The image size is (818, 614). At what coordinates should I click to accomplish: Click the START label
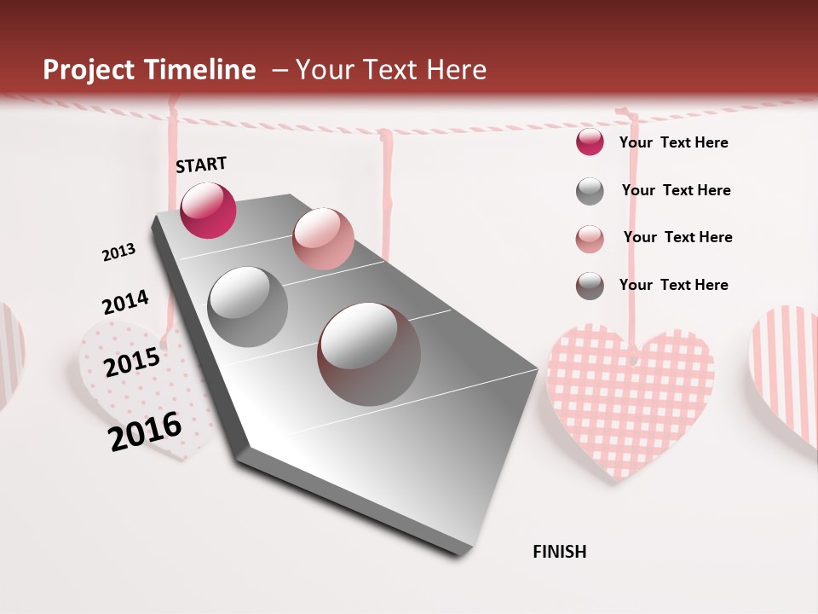(x=201, y=165)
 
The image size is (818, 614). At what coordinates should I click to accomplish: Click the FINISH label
(x=559, y=552)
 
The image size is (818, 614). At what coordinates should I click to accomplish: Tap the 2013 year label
(x=118, y=252)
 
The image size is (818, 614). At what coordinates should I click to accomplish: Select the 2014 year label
(x=125, y=302)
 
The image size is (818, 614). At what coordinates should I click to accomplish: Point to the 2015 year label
(x=131, y=362)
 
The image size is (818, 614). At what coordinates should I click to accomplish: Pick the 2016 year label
(x=145, y=432)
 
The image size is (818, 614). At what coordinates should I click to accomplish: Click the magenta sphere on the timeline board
(x=208, y=211)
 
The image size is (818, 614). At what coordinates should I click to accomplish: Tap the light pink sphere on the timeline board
(x=323, y=238)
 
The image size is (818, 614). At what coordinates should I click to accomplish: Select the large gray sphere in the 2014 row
(x=248, y=306)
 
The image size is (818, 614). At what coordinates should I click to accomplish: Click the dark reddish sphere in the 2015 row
(x=369, y=353)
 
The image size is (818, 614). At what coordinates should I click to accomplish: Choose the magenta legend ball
(x=590, y=142)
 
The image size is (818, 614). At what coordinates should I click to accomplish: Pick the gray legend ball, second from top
(x=590, y=191)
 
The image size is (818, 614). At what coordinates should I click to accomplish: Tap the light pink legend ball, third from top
(x=590, y=238)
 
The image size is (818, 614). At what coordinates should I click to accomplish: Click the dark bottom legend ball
(x=590, y=286)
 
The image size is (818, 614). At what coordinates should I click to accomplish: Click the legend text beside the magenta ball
(x=673, y=142)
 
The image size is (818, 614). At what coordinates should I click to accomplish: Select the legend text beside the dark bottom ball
(x=673, y=285)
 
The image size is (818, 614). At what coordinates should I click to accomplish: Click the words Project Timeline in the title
(x=149, y=70)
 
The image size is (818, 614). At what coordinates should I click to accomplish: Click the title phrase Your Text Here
(x=391, y=70)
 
